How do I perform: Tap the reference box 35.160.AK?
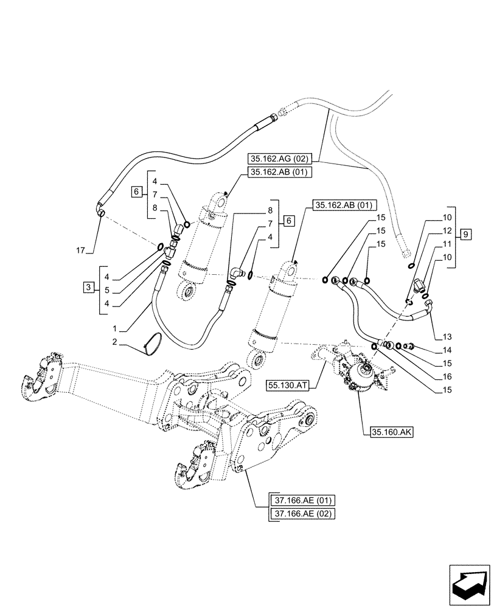pyautogui.click(x=391, y=433)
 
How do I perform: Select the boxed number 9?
pyautogui.click(x=465, y=234)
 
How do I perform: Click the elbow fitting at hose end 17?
pyautogui.click(x=101, y=209)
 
